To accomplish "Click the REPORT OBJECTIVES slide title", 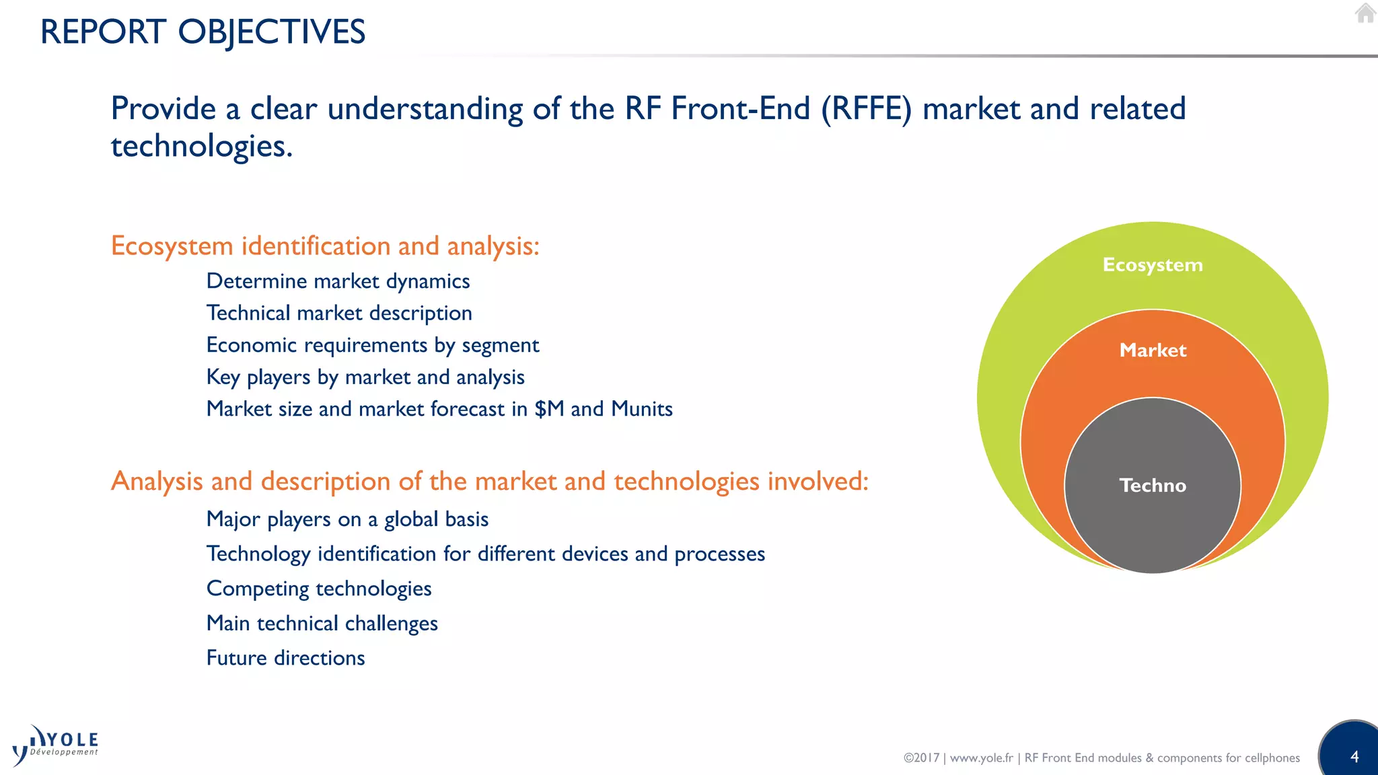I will coord(203,32).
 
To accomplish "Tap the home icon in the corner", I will coord(1365,13).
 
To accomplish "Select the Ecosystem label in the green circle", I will coord(1152,265).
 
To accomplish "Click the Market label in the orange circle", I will coord(1152,350).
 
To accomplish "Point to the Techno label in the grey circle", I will coord(1152,486).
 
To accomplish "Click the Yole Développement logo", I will coord(55,745).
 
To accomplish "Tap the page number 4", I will coord(1354,757).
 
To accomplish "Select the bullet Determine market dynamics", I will coord(338,281).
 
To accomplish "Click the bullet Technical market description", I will coord(339,313).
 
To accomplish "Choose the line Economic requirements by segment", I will coord(372,345).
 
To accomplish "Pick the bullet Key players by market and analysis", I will coord(365,377).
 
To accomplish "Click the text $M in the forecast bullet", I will coord(549,409).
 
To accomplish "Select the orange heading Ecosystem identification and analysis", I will coord(325,246).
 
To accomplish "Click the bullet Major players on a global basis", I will coord(347,519).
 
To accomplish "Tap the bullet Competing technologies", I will coord(319,589).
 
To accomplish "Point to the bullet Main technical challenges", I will coord(322,624).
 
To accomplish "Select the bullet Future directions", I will coord(285,658).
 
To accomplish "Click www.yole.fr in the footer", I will coord(981,758).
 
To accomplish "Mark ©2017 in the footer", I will coord(920,758).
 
